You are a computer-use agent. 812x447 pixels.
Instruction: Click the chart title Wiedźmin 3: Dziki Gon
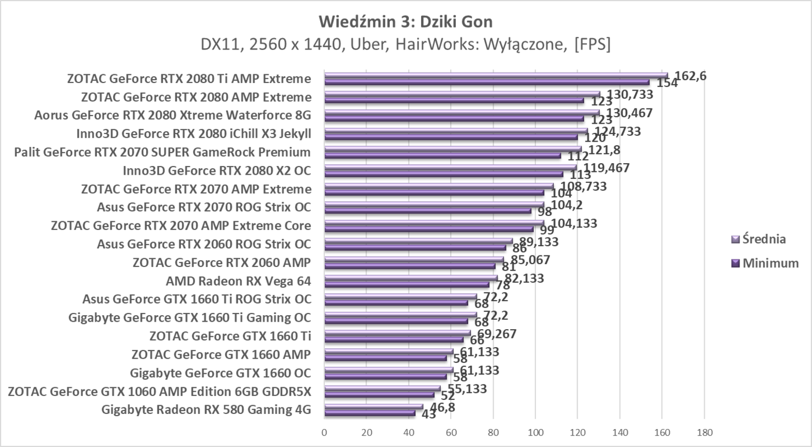pos(405,22)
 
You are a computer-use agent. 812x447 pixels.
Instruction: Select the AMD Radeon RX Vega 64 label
pos(238,282)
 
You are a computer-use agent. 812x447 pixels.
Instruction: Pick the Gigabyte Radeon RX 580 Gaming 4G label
pos(206,410)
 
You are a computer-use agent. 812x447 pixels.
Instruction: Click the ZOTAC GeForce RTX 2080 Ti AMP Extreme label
pos(188,79)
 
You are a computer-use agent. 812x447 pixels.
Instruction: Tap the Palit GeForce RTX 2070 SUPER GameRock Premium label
pos(162,153)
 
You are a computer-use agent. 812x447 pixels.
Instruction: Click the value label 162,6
pos(691,75)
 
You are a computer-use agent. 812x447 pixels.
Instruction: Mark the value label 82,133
pos(521,278)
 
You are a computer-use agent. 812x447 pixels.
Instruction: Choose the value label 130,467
pos(630,113)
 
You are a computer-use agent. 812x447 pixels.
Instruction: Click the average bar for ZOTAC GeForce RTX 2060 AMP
pos(414,259)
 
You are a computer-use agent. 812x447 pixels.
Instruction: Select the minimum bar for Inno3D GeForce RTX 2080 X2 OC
pos(444,174)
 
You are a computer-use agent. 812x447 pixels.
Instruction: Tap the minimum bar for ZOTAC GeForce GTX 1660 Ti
pos(394,339)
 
